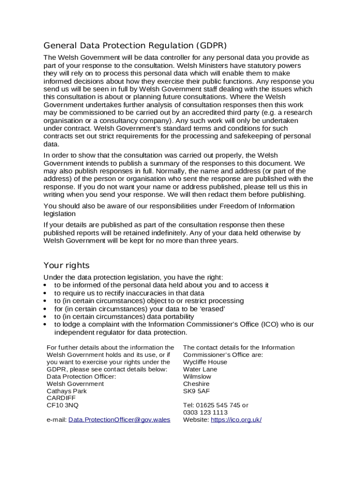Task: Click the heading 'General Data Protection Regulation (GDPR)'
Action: (x=135, y=45)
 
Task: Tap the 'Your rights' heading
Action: (x=66, y=265)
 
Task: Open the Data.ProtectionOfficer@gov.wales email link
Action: (x=119, y=420)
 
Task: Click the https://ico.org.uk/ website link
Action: (x=236, y=420)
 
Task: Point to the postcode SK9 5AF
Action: (x=196, y=391)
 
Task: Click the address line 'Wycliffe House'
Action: (x=205, y=362)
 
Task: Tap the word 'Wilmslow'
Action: (x=197, y=376)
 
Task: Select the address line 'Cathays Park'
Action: (x=66, y=391)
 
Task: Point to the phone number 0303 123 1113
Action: (x=205, y=412)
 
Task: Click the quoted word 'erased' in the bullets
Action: (x=213, y=309)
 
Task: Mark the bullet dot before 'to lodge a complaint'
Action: (x=45, y=324)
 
